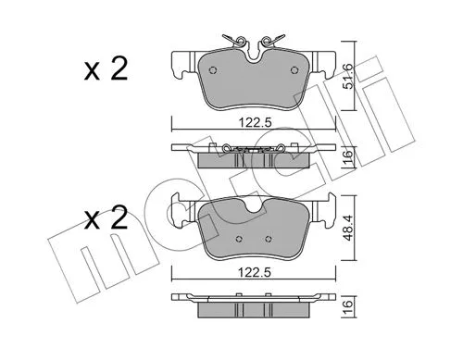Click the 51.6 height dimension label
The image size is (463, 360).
coord(348,76)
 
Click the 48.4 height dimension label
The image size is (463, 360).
coord(348,228)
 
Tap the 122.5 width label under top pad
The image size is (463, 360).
coord(255,123)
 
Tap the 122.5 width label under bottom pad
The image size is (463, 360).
coord(255,273)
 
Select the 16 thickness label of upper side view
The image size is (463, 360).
coord(348,156)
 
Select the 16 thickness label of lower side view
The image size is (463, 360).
coord(348,304)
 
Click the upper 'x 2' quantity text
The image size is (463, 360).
coord(106,69)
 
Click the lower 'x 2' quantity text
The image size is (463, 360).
coord(106,217)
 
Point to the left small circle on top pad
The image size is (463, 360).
coord(213,70)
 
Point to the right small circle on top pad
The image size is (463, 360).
coord(294,70)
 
